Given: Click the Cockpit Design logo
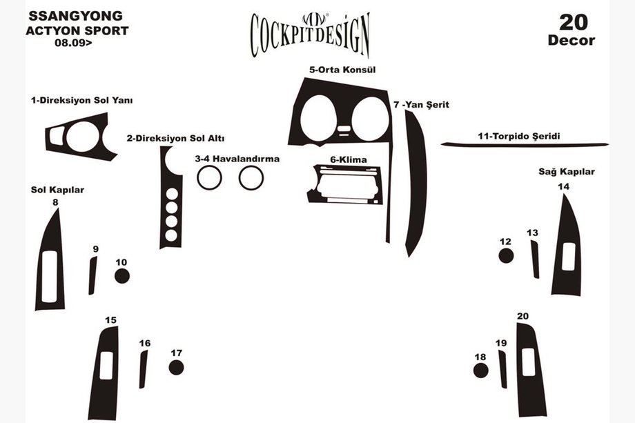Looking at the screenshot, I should tap(309, 32).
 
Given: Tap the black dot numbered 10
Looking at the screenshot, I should tap(122, 276).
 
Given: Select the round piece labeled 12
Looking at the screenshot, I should tap(506, 256).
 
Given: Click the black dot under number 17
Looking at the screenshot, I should tap(177, 367).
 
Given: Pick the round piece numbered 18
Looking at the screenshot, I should tap(481, 371).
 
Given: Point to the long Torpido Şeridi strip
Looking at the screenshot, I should tap(525, 144).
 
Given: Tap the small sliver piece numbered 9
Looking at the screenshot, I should tap(92, 275).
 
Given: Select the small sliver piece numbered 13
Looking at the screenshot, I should tap(534, 259).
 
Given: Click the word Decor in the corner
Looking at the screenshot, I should tap(571, 40).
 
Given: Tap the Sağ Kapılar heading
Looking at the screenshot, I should tap(567, 172).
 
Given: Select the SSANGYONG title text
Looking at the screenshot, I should tap(75, 15).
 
